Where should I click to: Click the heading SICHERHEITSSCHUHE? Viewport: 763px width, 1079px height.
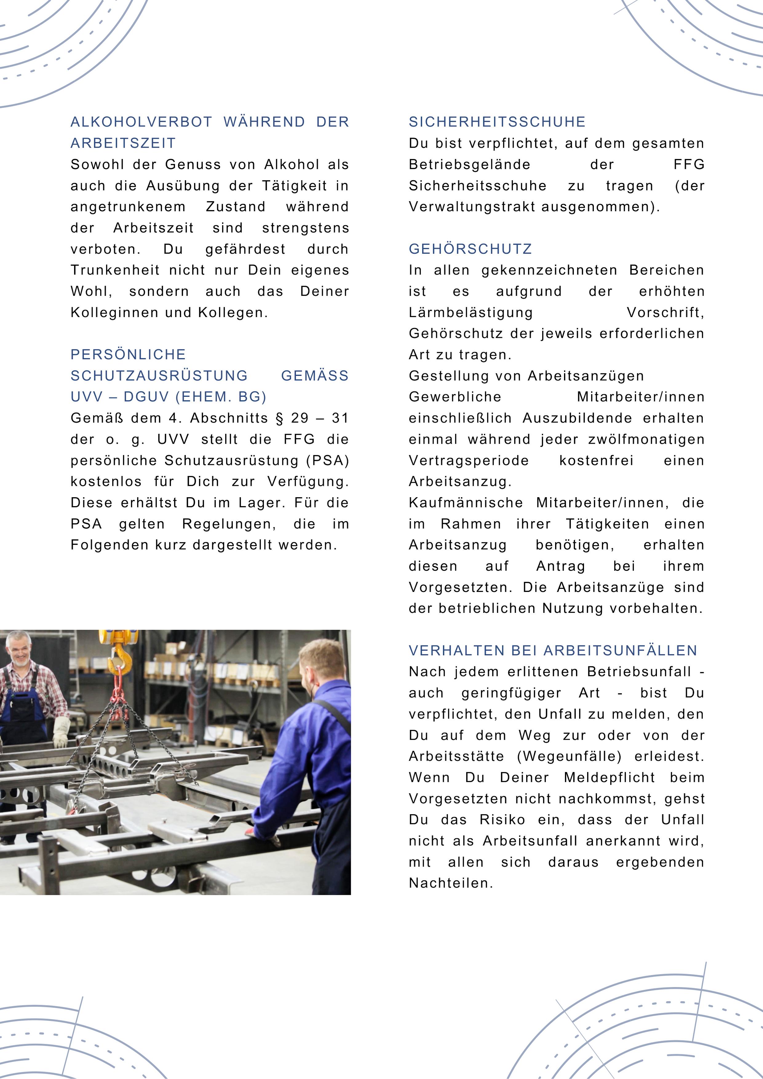(x=497, y=122)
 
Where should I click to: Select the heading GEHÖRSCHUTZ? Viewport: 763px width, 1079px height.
(x=470, y=249)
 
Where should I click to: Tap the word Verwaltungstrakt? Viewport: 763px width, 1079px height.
(x=472, y=207)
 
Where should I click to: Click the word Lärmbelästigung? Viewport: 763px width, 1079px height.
(x=471, y=312)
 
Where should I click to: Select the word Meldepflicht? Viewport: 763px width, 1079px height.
(x=609, y=777)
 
